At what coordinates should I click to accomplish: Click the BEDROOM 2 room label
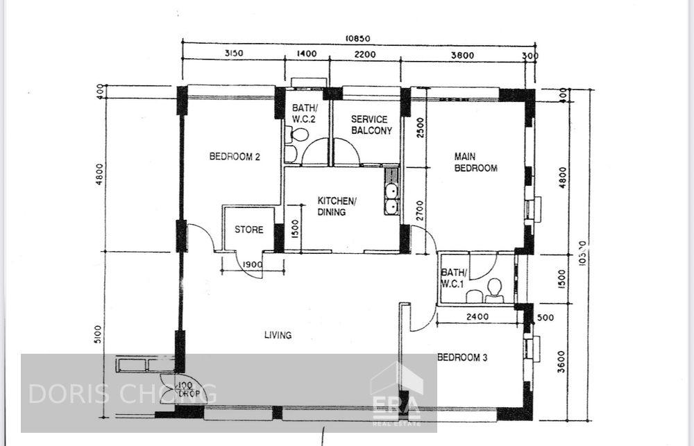pos(235,157)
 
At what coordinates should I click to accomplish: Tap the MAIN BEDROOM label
pos(475,162)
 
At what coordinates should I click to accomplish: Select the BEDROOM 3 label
pos(462,358)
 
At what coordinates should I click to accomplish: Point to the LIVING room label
pos(278,335)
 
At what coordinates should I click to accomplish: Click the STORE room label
pos(248,230)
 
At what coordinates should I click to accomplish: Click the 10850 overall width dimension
pos(359,39)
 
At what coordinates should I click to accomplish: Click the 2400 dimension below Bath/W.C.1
pos(478,317)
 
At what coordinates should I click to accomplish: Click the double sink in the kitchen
pos(391,197)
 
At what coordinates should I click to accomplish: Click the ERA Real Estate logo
pos(396,395)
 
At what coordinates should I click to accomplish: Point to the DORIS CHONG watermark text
pos(122,393)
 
